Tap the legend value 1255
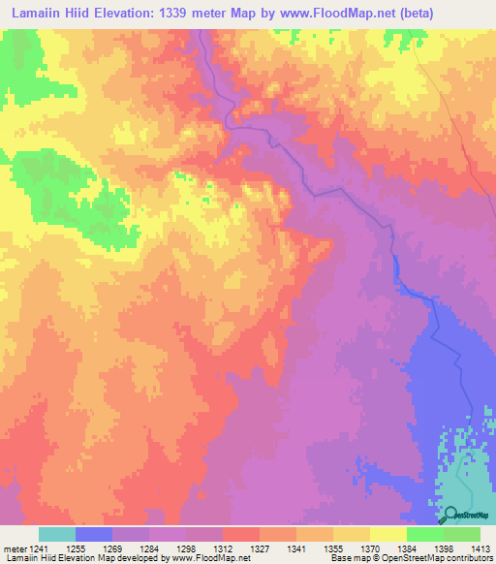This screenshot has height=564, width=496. pyautogui.click(x=89, y=547)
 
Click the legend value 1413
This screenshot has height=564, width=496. pyautogui.click(x=480, y=547)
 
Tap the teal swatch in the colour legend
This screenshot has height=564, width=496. pyautogui.click(x=57, y=534)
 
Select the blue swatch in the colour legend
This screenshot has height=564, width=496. pyautogui.click(x=94, y=534)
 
